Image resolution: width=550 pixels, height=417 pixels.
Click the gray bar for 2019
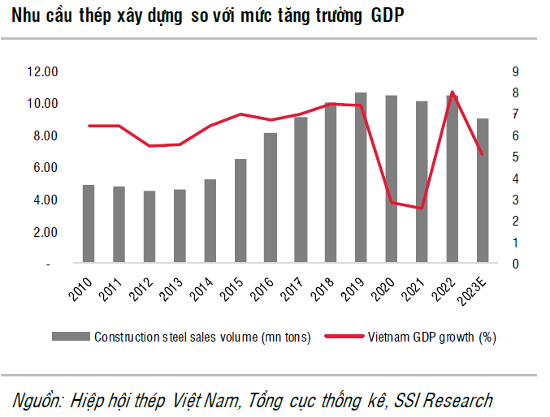click(x=361, y=178)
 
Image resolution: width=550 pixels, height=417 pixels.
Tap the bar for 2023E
click(x=482, y=191)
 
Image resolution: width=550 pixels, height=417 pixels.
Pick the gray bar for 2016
click(x=270, y=199)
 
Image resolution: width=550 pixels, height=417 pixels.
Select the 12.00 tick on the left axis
click(x=41, y=72)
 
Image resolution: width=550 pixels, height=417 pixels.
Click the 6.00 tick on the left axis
click(x=44, y=168)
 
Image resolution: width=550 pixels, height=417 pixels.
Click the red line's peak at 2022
click(x=453, y=92)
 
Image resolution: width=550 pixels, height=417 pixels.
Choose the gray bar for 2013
click(x=180, y=227)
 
